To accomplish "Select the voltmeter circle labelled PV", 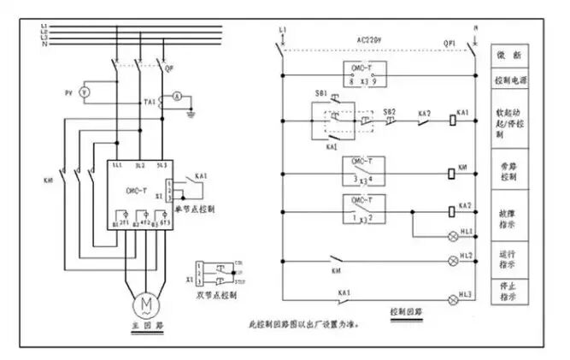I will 84,91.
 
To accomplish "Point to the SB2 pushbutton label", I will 390,110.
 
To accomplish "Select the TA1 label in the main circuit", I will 150,101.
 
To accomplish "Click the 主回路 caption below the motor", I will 141,328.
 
